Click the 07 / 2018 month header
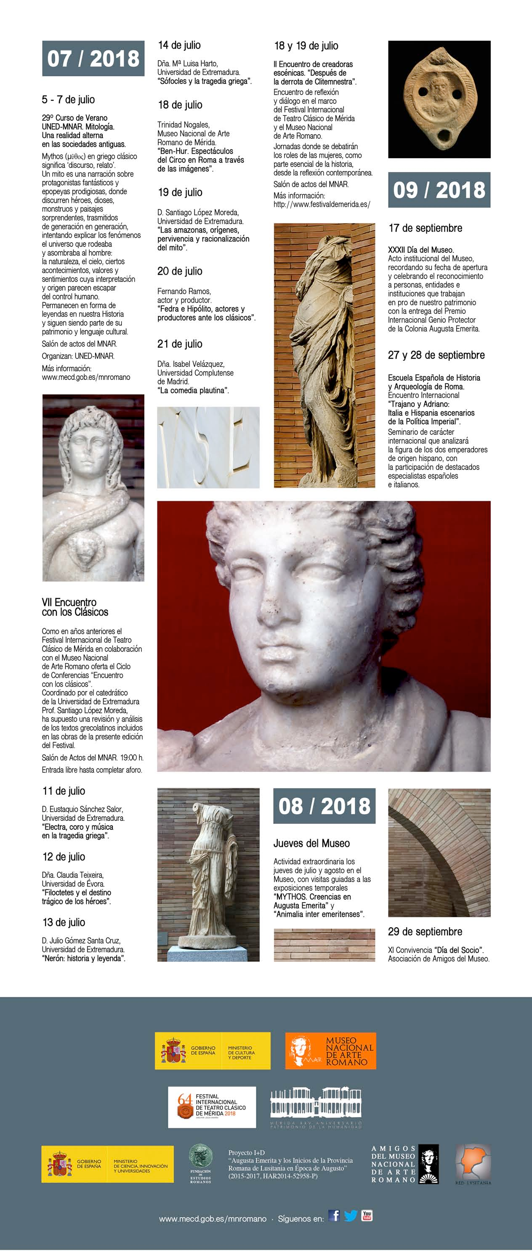[x=93, y=58]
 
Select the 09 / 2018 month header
[x=439, y=190]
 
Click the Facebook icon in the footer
[x=334, y=1215]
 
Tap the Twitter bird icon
[x=350, y=1215]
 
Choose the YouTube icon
[x=367, y=1215]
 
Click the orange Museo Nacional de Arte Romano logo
[x=330, y=1051]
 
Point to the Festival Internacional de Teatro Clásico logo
[x=212, y=1107]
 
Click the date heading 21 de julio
[x=179, y=344]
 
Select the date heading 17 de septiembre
[x=425, y=228]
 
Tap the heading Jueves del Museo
[x=311, y=843]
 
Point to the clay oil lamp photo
[x=439, y=99]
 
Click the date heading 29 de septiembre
[x=425, y=932]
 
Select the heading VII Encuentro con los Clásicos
[x=75, y=607]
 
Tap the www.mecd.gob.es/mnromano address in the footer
[x=213, y=1219]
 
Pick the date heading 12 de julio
[x=64, y=857]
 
